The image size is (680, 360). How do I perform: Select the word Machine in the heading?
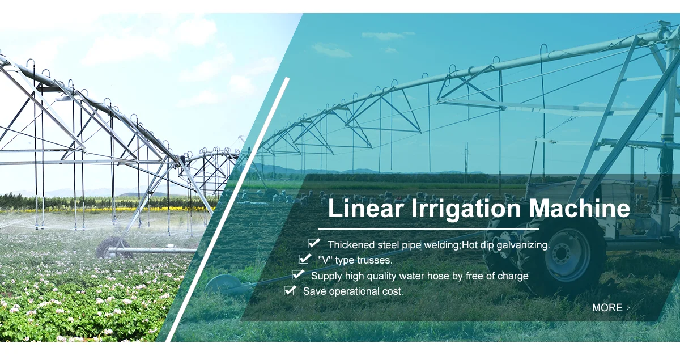579,209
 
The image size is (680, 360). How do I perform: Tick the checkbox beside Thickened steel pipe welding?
313,244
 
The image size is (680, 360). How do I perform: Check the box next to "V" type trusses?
305,259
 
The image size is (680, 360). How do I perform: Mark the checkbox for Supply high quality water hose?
297,275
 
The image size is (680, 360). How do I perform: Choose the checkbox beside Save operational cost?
290,290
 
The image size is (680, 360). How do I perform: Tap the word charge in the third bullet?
513,276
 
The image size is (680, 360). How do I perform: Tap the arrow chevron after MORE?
628,307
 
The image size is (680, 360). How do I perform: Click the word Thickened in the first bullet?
351,245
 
